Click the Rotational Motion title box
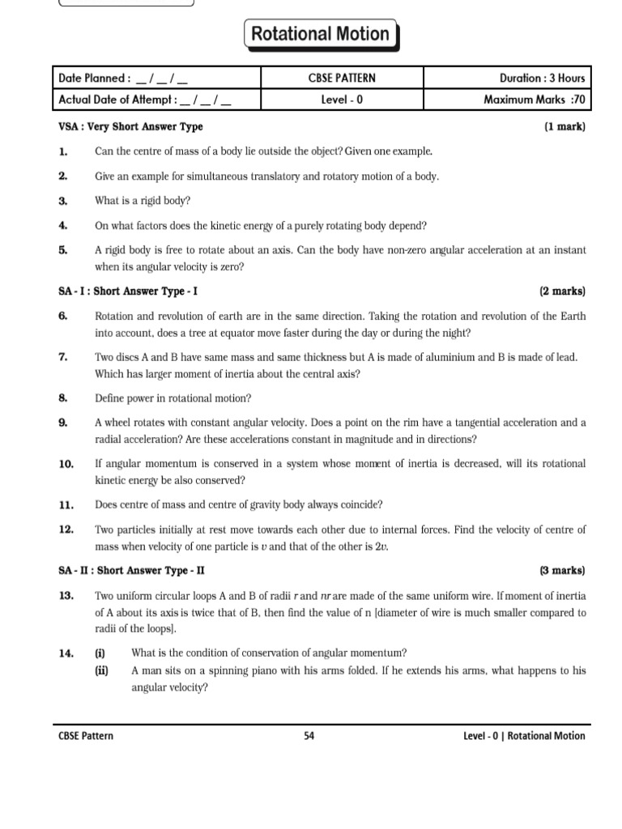point(321,35)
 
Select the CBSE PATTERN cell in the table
point(342,79)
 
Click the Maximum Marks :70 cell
point(534,100)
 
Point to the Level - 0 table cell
point(342,100)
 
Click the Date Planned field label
point(94,79)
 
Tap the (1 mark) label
point(564,127)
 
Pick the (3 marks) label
point(562,571)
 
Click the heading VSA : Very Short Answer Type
point(131,127)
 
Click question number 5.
point(63,251)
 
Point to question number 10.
point(66,464)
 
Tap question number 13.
point(66,596)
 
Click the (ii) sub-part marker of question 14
point(101,670)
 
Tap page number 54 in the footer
point(309,736)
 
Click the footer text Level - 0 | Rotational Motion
point(523,736)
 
